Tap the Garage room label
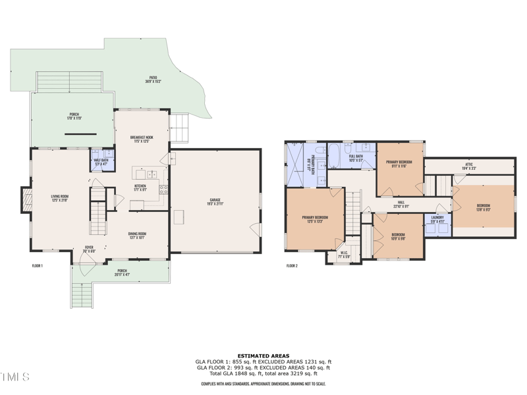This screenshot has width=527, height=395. tap(215, 203)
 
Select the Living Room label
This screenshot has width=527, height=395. tap(60, 197)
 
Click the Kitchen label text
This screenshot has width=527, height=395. tap(140, 188)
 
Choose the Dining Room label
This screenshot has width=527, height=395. tap(137, 235)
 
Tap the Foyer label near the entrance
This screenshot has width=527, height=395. tap(90, 249)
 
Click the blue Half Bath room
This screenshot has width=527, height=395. tap(101, 161)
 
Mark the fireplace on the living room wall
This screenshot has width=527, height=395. tap(26, 200)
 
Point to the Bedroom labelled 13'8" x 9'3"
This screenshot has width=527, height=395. tap(484, 207)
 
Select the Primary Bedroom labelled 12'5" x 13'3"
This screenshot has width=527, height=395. tap(315, 219)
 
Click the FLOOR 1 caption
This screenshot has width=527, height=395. tap(38, 266)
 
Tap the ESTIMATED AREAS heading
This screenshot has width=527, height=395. tap(263, 355)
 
